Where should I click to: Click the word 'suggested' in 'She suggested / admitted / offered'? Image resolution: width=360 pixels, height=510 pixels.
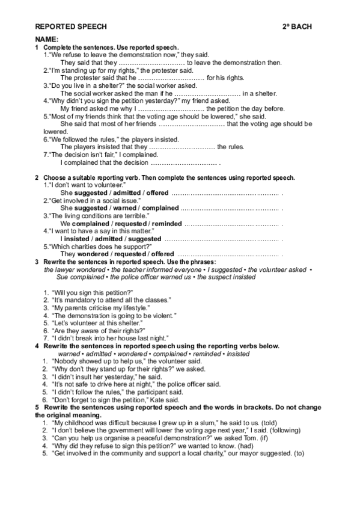pos(91,193)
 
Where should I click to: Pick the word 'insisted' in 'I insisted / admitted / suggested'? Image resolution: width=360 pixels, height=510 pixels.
pos(79,239)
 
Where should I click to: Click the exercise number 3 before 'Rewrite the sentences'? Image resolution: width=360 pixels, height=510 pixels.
pos(37,262)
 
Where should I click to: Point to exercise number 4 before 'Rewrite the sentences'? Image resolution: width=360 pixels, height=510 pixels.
pos(37,346)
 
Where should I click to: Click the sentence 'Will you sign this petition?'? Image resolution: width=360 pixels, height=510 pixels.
pos(92,292)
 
